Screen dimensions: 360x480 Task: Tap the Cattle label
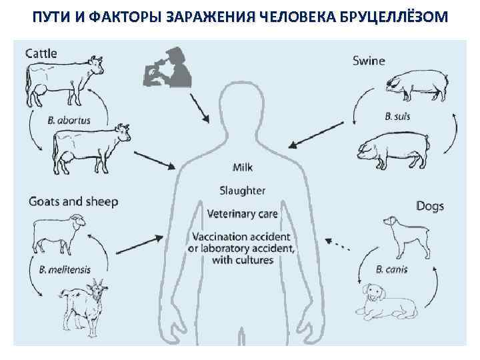41,53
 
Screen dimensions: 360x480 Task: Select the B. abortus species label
69,121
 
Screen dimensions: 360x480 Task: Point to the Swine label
369,61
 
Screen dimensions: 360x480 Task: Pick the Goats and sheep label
73,201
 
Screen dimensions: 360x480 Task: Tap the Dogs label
430,206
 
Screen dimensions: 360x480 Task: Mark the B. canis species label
391,270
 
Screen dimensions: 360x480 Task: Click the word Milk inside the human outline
243,167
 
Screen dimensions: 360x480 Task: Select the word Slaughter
243,191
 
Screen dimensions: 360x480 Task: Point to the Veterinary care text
243,214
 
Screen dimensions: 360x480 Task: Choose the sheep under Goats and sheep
59,233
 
